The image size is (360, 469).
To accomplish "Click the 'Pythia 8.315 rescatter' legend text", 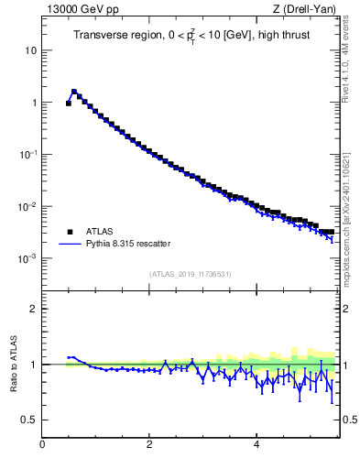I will (127, 244).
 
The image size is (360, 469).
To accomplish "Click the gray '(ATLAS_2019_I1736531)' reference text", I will (191, 274).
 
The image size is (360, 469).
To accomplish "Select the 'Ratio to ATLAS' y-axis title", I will (14, 364).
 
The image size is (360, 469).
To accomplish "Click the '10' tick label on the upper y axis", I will (31, 50).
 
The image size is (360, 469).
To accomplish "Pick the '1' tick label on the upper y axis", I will (34, 103).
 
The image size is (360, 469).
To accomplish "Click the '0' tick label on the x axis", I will (42, 444).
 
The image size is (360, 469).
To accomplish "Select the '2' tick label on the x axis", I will (149, 444).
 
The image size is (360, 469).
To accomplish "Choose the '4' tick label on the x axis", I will (256, 444).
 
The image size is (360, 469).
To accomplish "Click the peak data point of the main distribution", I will (74, 92).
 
